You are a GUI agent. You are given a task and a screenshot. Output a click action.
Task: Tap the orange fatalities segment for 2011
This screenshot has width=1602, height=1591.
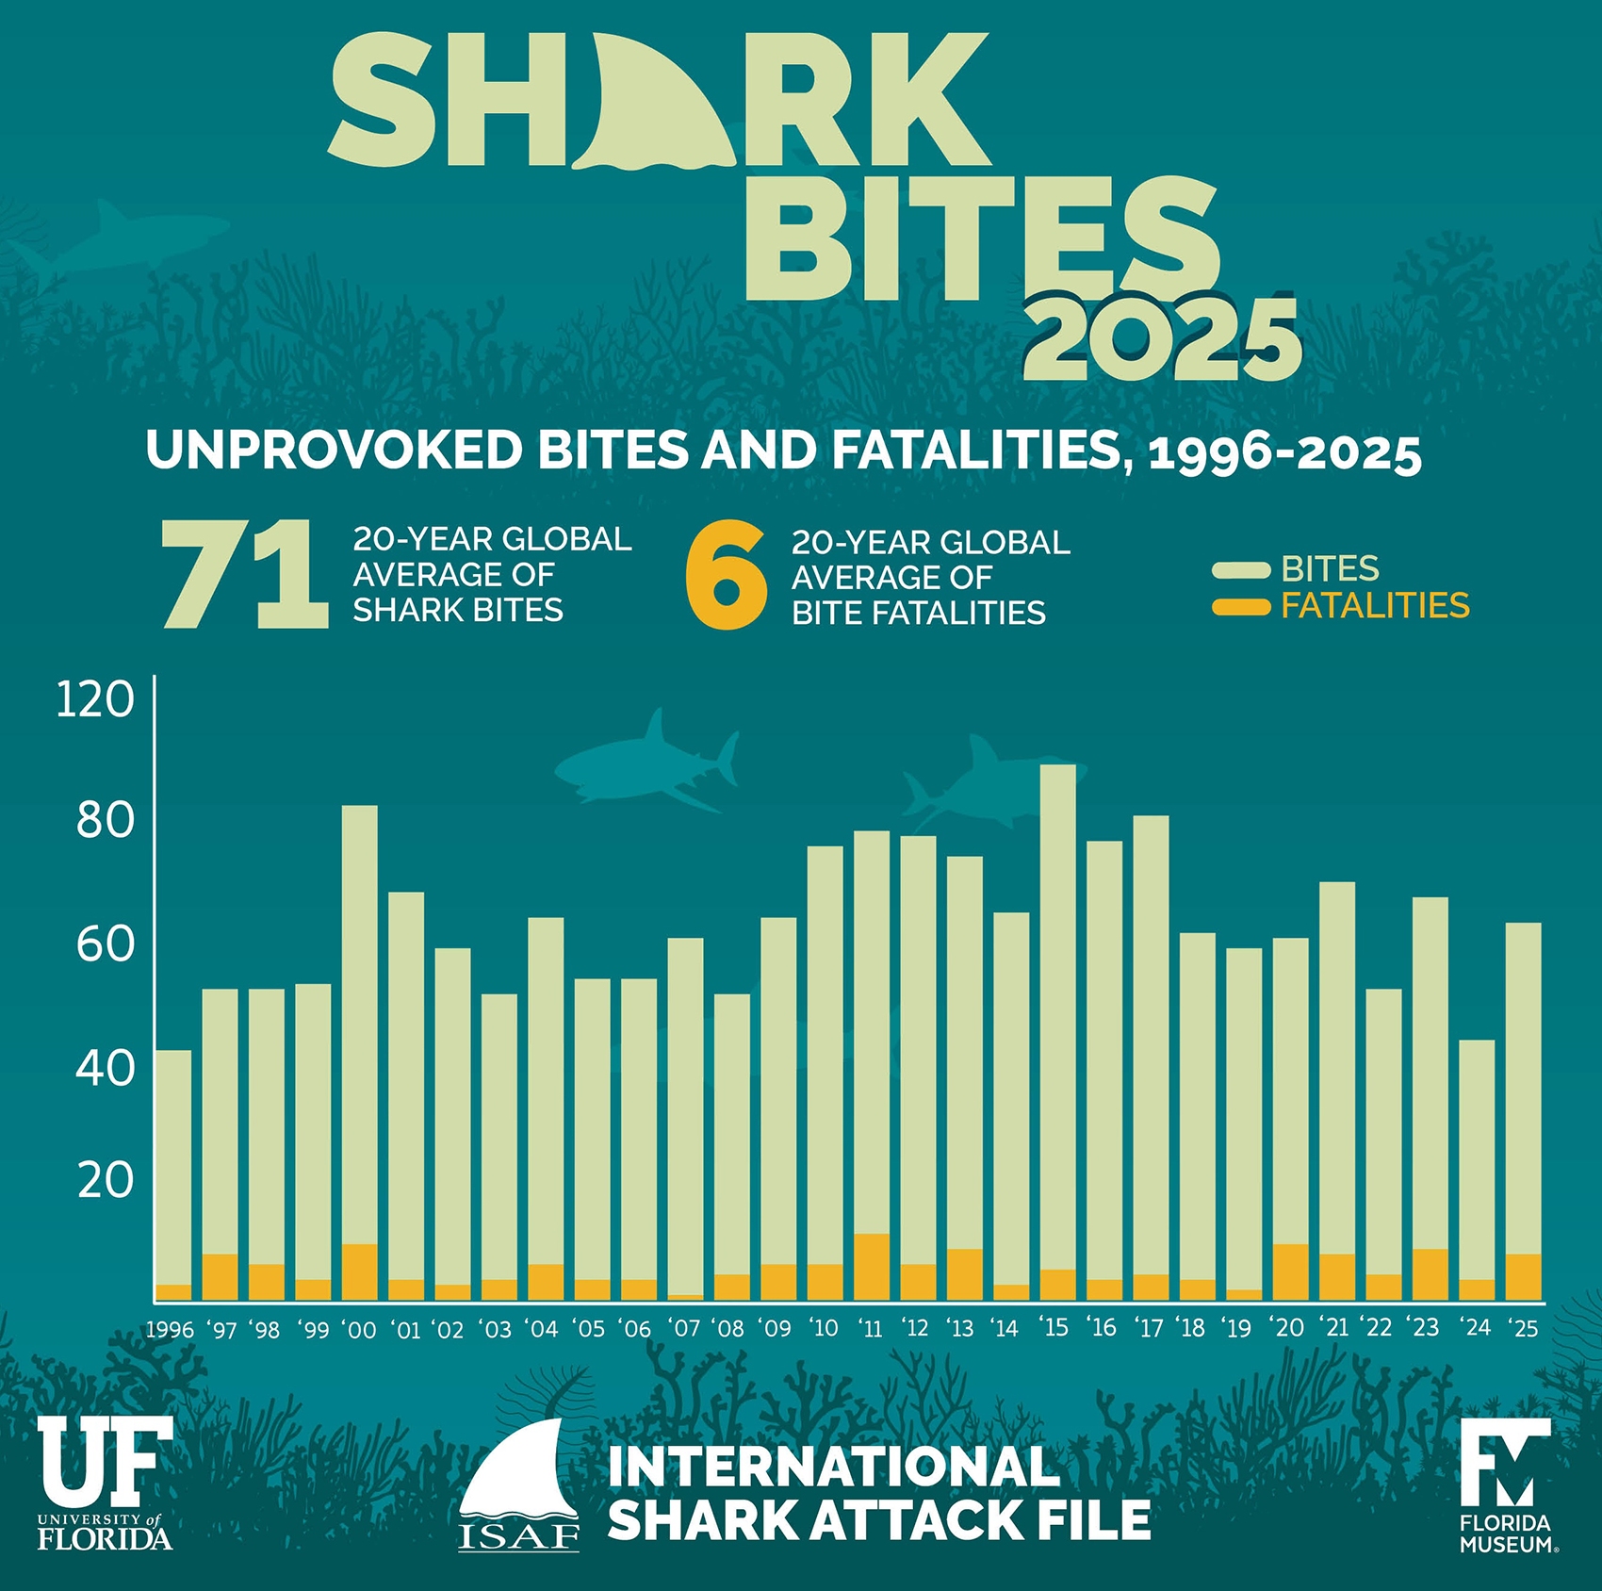[x=872, y=1267]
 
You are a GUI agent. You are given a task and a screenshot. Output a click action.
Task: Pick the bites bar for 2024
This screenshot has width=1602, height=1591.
[x=1477, y=1159]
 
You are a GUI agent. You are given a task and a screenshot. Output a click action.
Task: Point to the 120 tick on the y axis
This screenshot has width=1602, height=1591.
[x=95, y=699]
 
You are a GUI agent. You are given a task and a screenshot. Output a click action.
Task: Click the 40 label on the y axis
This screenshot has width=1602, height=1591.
[x=105, y=1068]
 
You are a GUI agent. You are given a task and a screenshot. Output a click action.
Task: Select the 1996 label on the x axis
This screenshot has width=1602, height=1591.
[x=170, y=1330]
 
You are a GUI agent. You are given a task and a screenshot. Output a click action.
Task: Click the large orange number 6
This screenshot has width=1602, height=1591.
[x=726, y=577]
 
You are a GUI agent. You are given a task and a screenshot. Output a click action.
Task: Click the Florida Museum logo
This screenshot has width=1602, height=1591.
[x=1507, y=1485]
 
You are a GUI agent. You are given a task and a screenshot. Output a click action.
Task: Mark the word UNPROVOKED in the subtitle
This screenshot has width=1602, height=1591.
[x=334, y=451]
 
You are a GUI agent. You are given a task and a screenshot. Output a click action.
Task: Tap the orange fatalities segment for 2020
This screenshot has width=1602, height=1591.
[x=1290, y=1272]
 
